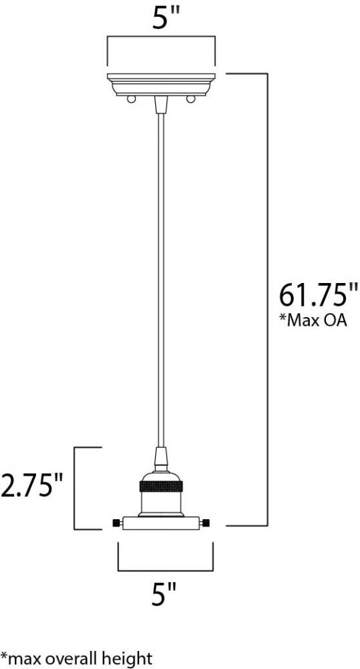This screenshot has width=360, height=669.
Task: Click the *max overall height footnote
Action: point(76,658)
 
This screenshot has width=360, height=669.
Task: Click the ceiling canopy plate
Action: point(161,84)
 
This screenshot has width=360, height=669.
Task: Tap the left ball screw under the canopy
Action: point(132,100)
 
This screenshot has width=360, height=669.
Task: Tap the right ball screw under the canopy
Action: point(190,100)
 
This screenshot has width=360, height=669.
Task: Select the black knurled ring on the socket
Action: point(161,486)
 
